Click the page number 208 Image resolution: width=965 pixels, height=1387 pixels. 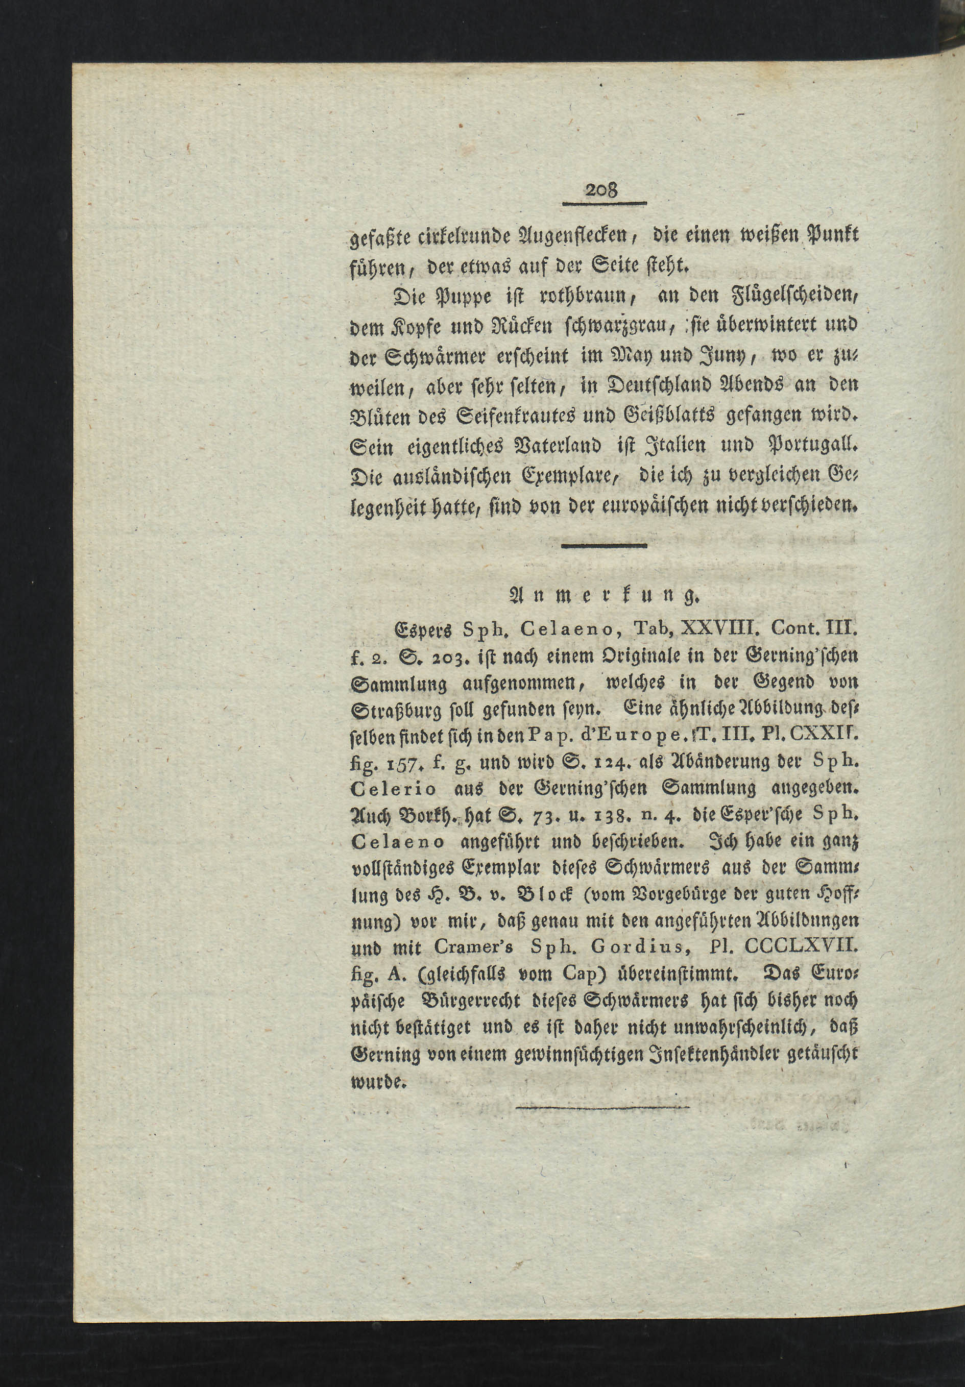[x=602, y=190]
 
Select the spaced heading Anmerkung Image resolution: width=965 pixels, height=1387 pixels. [x=604, y=597]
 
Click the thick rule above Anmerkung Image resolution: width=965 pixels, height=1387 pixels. [x=604, y=546]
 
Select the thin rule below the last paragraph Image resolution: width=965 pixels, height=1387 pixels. [x=602, y=1108]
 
